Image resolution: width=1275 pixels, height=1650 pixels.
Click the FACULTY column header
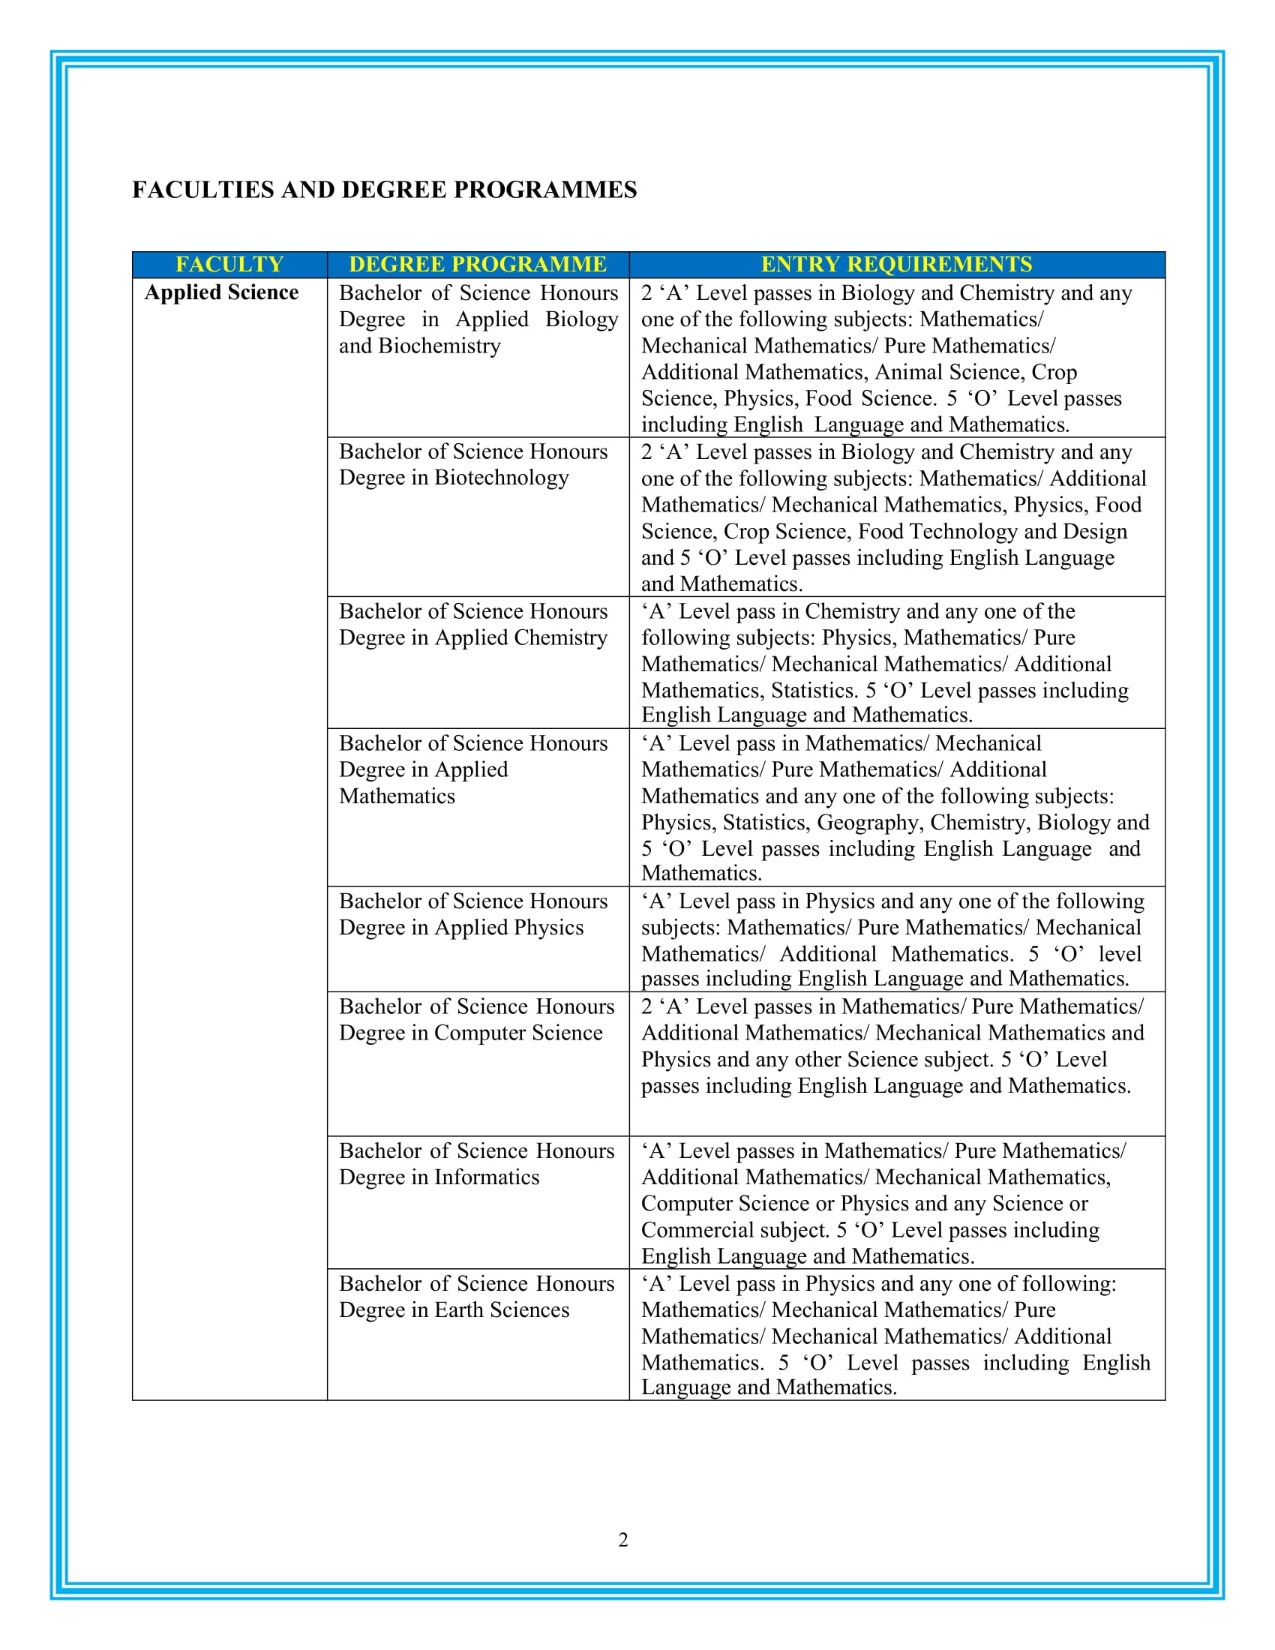pyautogui.click(x=229, y=265)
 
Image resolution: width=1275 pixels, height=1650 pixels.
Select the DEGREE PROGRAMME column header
pyautogui.click(x=477, y=265)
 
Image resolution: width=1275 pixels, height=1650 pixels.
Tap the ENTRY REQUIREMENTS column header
pyautogui.click(x=896, y=265)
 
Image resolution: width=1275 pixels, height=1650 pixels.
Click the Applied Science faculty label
pyautogui.click(x=221, y=292)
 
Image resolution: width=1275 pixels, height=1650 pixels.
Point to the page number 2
pyautogui.click(x=623, y=1540)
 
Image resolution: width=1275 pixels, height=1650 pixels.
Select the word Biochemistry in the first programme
pyautogui.click(x=439, y=346)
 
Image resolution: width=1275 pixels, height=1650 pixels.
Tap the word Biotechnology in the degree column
pyautogui.click(x=502, y=478)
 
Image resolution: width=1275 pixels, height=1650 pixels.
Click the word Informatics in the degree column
pyautogui.click(x=487, y=1177)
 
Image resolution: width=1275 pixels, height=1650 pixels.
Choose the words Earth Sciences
pyautogui.click(x=502, y=1309)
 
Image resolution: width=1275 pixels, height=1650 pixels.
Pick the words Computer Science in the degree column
pyautogui.click(x=518, y=1033)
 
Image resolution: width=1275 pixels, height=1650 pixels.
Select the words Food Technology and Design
pyautogui.click(x=991, y=531)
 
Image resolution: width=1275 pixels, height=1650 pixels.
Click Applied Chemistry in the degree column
pyautogui.click(x=520, y=637)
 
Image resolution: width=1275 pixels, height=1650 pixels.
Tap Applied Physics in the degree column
pyautogui.click(x=509, y=928)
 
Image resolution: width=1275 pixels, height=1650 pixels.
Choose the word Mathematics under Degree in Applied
pyautogui.click(x=397, y=796)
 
